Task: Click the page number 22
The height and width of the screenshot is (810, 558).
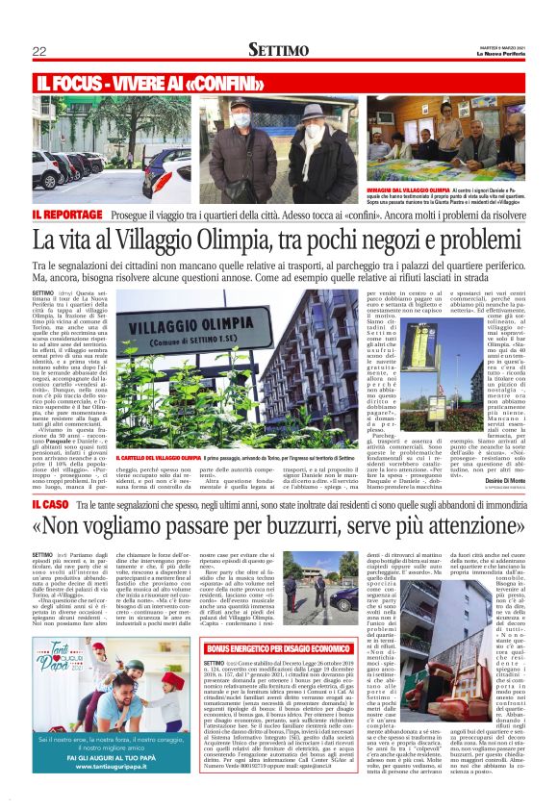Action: click(39, 51)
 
